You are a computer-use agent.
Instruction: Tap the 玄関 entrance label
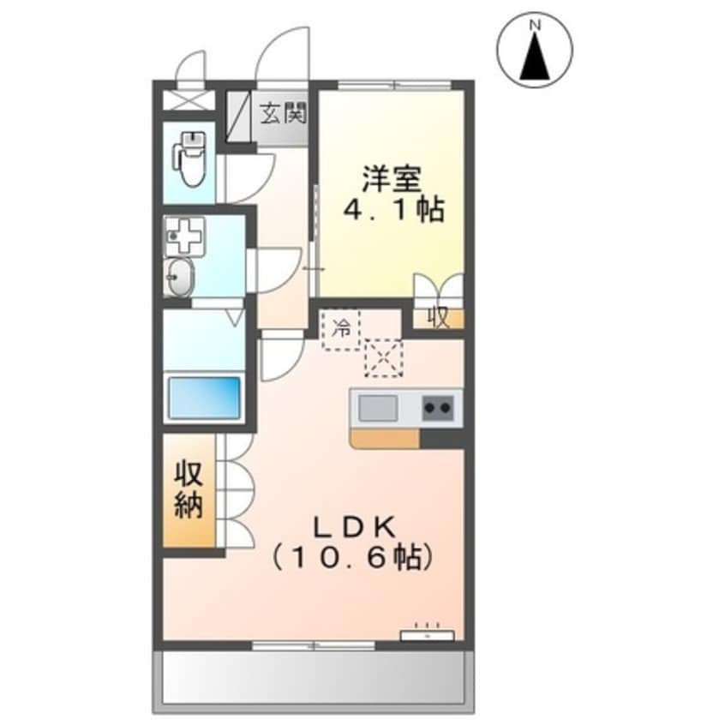coord(284,113)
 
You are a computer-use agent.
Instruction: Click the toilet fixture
coord(189,158)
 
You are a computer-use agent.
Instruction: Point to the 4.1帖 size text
coord(393,211)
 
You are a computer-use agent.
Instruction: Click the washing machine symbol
coord(183,235)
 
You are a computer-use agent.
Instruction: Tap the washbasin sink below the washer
coord(180,277)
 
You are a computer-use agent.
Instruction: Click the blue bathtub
coord(204,398)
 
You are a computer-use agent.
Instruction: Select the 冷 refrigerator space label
coord(341,328)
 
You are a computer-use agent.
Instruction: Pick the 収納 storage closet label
coord(189,491)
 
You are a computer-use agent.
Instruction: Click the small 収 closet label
coord(438,318)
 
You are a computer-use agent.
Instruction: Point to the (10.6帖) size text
coord(351,558)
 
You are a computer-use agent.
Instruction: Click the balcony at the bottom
coord(313,677)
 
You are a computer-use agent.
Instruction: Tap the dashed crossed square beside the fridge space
coord(383,357)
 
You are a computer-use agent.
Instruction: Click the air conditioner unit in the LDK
coord(426,634)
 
